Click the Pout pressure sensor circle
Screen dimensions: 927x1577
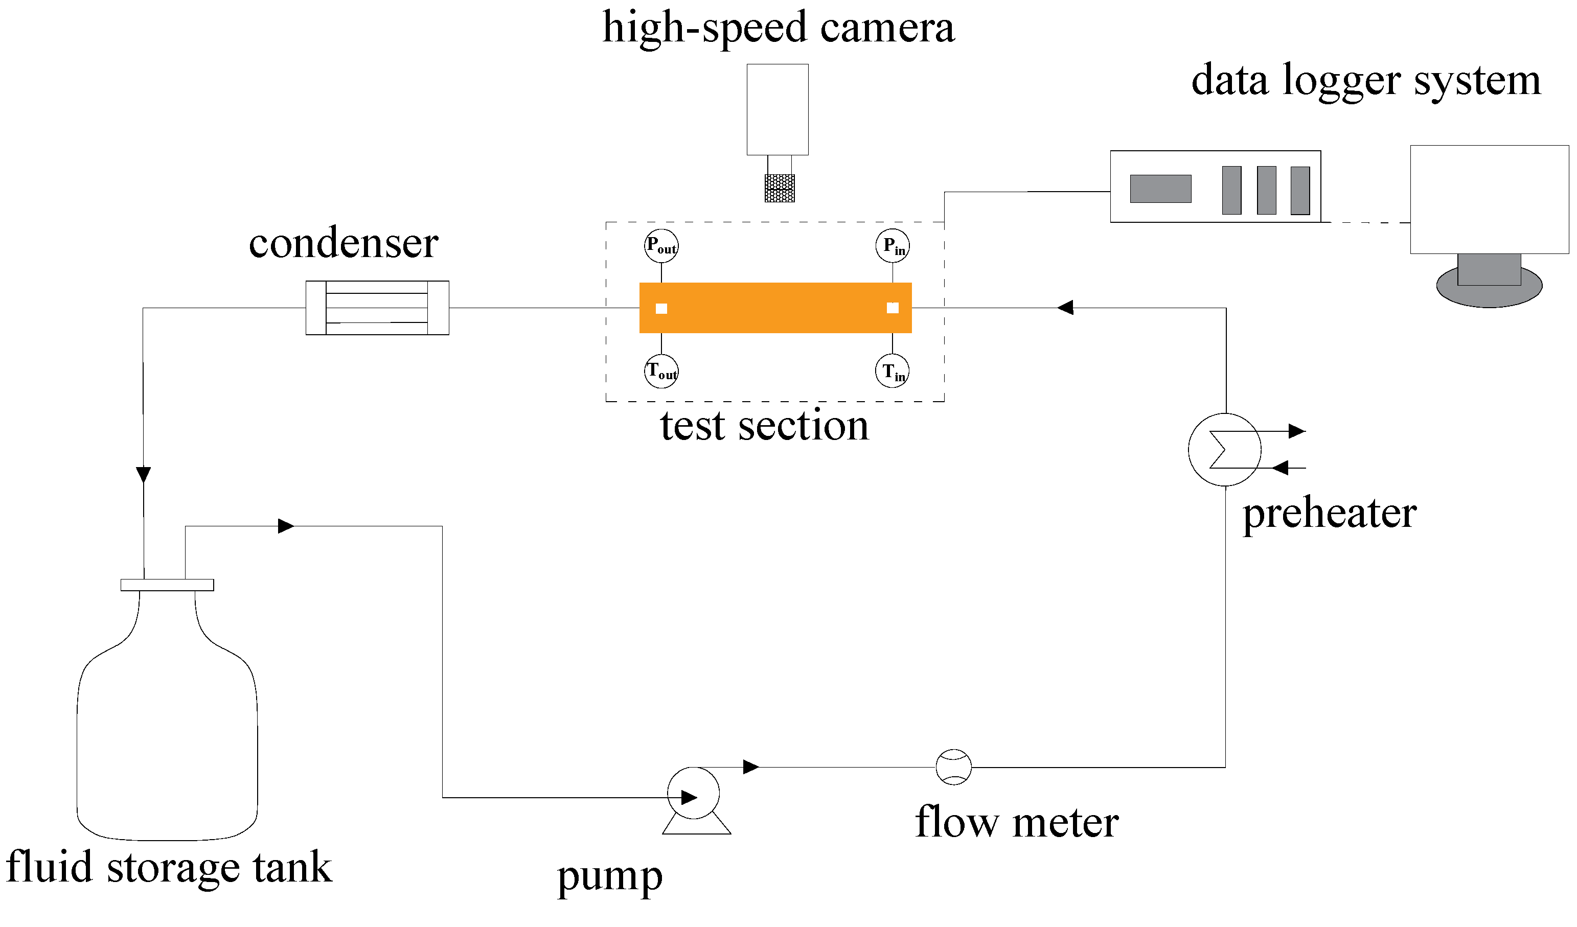pos(661,246)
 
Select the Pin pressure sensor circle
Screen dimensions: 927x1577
pos(893,246)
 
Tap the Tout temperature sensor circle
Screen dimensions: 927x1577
pos(661,372)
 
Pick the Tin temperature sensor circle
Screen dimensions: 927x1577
pos(893,372)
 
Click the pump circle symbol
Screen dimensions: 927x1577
pos(693,793)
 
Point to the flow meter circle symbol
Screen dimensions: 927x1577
pos(954,768)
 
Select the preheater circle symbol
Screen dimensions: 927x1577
pos(1225,449)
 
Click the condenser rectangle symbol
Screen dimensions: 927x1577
pos(377,308)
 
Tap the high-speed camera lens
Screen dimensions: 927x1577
pos(780,188)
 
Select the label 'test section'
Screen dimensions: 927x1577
pos(764,426)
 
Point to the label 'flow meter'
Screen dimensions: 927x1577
pos(1017,823)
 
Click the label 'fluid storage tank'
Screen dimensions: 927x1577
pos(169,868)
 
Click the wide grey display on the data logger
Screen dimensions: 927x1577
pos(1160,189)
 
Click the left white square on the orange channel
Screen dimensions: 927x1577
pos(661,308)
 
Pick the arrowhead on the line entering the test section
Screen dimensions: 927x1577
pos(1065,308)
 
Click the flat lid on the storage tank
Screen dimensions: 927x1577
pos(167,585)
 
